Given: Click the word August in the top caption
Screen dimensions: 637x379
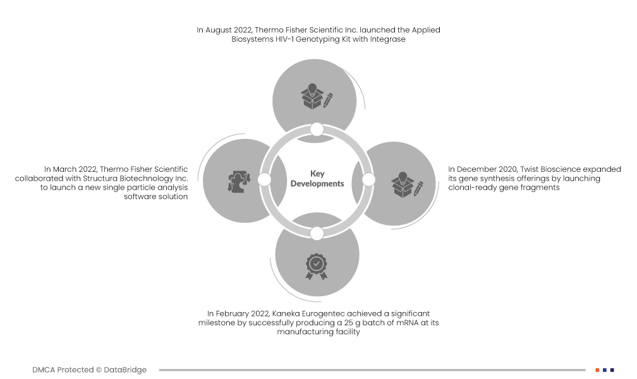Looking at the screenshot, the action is pos(218,30).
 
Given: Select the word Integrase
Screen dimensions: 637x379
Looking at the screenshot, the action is pos(387,39).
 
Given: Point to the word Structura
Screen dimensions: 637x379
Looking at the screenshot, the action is pos(100,178).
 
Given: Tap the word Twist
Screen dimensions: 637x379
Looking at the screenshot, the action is pos(529,169).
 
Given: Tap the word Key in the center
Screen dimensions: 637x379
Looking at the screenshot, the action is pos(317,174).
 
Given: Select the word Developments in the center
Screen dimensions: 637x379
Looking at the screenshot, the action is pos(317,184).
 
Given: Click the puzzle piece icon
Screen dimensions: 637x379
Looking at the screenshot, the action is pos(239,181).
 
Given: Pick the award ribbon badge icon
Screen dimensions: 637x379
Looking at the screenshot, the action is pos(317,267).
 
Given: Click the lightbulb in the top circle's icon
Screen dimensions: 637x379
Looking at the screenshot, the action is pos(312,89).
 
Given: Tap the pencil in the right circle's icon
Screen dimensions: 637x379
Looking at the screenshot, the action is pos(418,189).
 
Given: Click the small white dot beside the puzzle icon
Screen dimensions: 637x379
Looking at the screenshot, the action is pos(264,179).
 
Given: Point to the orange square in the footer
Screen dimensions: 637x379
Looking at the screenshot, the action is pos(597,370).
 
